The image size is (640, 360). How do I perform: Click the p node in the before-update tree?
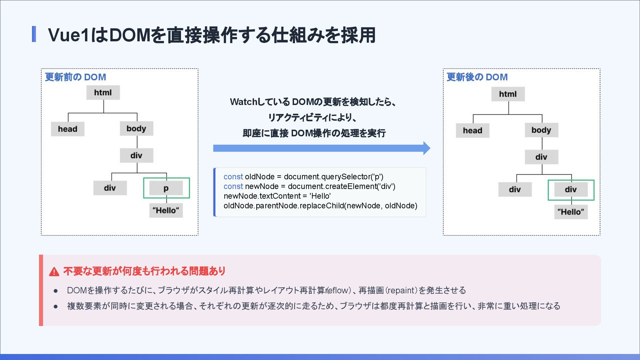(166, 188)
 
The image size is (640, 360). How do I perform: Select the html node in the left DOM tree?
(103, 93)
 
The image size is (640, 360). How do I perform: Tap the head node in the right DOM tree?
(472, 131)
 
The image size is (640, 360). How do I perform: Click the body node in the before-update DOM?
(136, 129)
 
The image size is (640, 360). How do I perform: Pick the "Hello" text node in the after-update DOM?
(571, 212)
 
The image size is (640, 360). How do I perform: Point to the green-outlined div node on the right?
(571, 190)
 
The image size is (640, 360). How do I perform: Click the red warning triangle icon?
(54, 272)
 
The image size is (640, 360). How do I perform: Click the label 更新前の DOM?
(75, 77)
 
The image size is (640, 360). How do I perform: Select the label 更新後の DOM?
(477, 77)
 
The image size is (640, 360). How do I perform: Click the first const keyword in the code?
(233, 177)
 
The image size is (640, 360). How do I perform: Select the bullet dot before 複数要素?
(56, 306)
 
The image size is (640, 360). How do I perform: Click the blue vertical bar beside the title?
(34, 34)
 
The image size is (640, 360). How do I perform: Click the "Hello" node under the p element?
(166, 211)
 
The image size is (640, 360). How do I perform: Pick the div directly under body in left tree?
(136, 156)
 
